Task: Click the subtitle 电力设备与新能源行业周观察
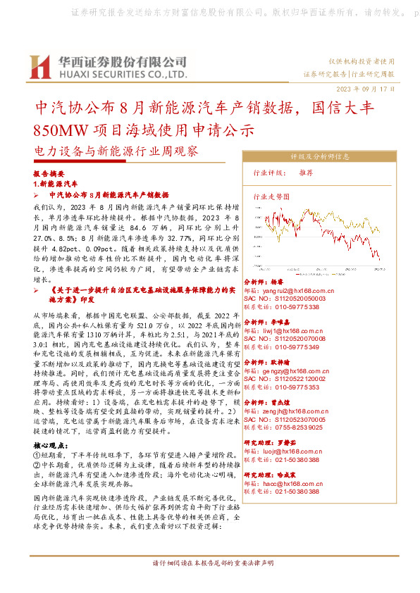coord(116,151)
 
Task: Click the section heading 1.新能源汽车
coord(56,183)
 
